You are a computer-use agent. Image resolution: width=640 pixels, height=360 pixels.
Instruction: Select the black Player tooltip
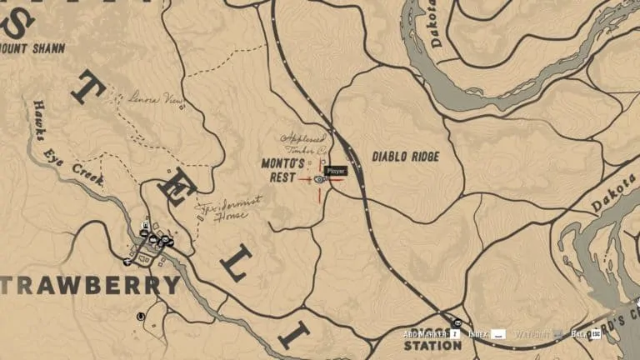pos(335,171)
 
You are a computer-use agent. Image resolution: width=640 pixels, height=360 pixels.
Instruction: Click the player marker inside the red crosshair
pos(320,179)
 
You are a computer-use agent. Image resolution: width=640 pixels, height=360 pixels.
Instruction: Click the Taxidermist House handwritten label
pos(221,210)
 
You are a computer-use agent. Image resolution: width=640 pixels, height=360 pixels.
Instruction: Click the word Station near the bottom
pos(432,345)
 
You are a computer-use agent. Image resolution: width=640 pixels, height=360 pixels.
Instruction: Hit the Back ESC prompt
pos(587,334)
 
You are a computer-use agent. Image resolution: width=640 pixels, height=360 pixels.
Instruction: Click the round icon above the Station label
pos(457,322)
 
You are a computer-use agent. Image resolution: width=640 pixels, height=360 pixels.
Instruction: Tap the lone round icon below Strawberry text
pos(141,316)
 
